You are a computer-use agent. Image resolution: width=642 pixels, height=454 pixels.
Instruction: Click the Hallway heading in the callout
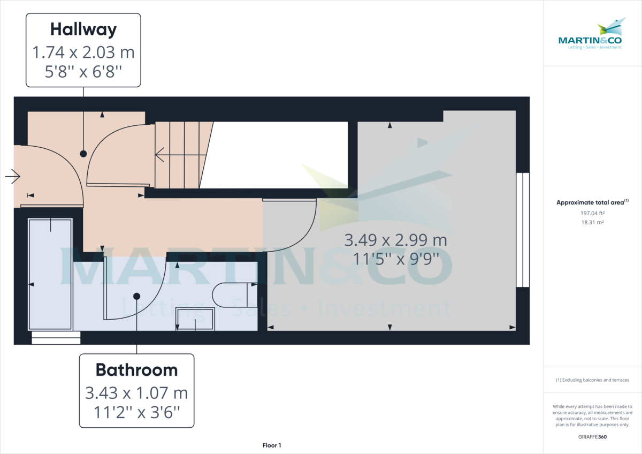click(83, 29)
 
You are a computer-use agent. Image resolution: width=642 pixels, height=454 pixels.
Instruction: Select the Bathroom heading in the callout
click(136, 369)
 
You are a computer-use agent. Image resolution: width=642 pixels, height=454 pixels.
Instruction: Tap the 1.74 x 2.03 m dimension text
click(83, 52)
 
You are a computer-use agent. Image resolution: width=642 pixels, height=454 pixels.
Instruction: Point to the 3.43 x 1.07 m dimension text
click(136, 393)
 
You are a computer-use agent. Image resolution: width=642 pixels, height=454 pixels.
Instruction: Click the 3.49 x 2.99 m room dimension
click(396, 240)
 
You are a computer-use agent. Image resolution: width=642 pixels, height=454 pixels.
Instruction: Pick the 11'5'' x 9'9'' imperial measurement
click(396, 258)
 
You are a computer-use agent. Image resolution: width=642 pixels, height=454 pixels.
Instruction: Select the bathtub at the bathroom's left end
click(50, 274)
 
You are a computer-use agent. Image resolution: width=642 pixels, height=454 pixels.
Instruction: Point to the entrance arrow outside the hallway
click(12, 176)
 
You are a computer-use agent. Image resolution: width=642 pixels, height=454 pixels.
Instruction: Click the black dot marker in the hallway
click(83, 154)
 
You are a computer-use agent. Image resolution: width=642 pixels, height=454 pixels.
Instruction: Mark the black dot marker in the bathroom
click(136, 296)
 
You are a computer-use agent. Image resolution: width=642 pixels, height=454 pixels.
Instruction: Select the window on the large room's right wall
click(522, 230)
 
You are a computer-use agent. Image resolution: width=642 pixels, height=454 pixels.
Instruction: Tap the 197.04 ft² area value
click(592, 213)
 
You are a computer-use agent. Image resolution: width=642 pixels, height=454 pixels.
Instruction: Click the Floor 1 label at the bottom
click(272, 445)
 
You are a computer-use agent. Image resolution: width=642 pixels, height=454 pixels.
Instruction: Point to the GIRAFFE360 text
click(592, 436)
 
